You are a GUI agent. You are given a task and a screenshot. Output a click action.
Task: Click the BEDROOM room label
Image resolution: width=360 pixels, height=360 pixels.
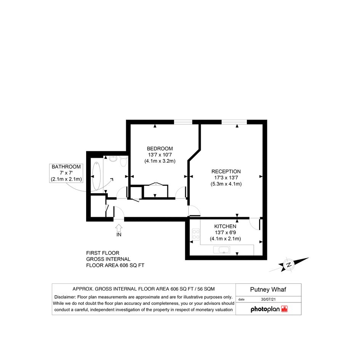(160, 149)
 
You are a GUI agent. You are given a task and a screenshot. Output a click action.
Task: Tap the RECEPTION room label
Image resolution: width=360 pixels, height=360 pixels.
(226, 171)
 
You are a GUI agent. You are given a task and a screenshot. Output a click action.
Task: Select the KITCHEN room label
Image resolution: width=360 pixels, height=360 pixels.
(225, 226)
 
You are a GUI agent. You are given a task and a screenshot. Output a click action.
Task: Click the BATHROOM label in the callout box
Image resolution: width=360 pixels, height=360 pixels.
(66, 167)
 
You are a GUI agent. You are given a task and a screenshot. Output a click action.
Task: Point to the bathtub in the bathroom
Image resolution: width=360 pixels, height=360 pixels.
(96, 176)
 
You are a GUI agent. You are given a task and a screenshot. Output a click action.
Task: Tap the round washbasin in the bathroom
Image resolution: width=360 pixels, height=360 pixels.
(113, 158)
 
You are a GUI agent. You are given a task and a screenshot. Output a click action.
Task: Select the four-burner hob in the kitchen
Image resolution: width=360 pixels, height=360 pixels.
(196, 234)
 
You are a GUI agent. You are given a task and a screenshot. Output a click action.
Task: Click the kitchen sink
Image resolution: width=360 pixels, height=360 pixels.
(222, 250)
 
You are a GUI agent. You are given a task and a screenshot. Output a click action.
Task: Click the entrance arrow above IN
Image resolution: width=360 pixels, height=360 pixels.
(119, 228)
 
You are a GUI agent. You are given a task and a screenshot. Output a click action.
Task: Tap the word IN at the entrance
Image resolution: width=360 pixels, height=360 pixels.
(119, 235)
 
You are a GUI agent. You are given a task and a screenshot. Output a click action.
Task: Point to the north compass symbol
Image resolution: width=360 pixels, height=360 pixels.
(289, 264)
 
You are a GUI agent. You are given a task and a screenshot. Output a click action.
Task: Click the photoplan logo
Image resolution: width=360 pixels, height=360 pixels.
(269, 309)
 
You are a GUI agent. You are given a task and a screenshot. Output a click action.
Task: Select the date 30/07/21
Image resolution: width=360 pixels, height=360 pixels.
(268, 299)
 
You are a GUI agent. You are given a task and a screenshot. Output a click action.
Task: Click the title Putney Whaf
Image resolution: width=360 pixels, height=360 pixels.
(268, 290)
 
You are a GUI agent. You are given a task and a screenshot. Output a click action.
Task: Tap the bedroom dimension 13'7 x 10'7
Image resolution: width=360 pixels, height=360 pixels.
(160, 155)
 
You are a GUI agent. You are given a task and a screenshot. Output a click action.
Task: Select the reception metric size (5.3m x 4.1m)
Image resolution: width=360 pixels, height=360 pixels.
(226, 184)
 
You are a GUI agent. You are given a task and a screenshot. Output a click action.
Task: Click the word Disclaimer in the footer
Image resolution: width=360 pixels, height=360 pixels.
(65, 297)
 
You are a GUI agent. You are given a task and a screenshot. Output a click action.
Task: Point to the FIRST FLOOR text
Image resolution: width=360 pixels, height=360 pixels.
(102, 253)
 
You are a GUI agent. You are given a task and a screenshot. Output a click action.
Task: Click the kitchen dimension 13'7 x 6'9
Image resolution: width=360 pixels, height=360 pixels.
(225, 233)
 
